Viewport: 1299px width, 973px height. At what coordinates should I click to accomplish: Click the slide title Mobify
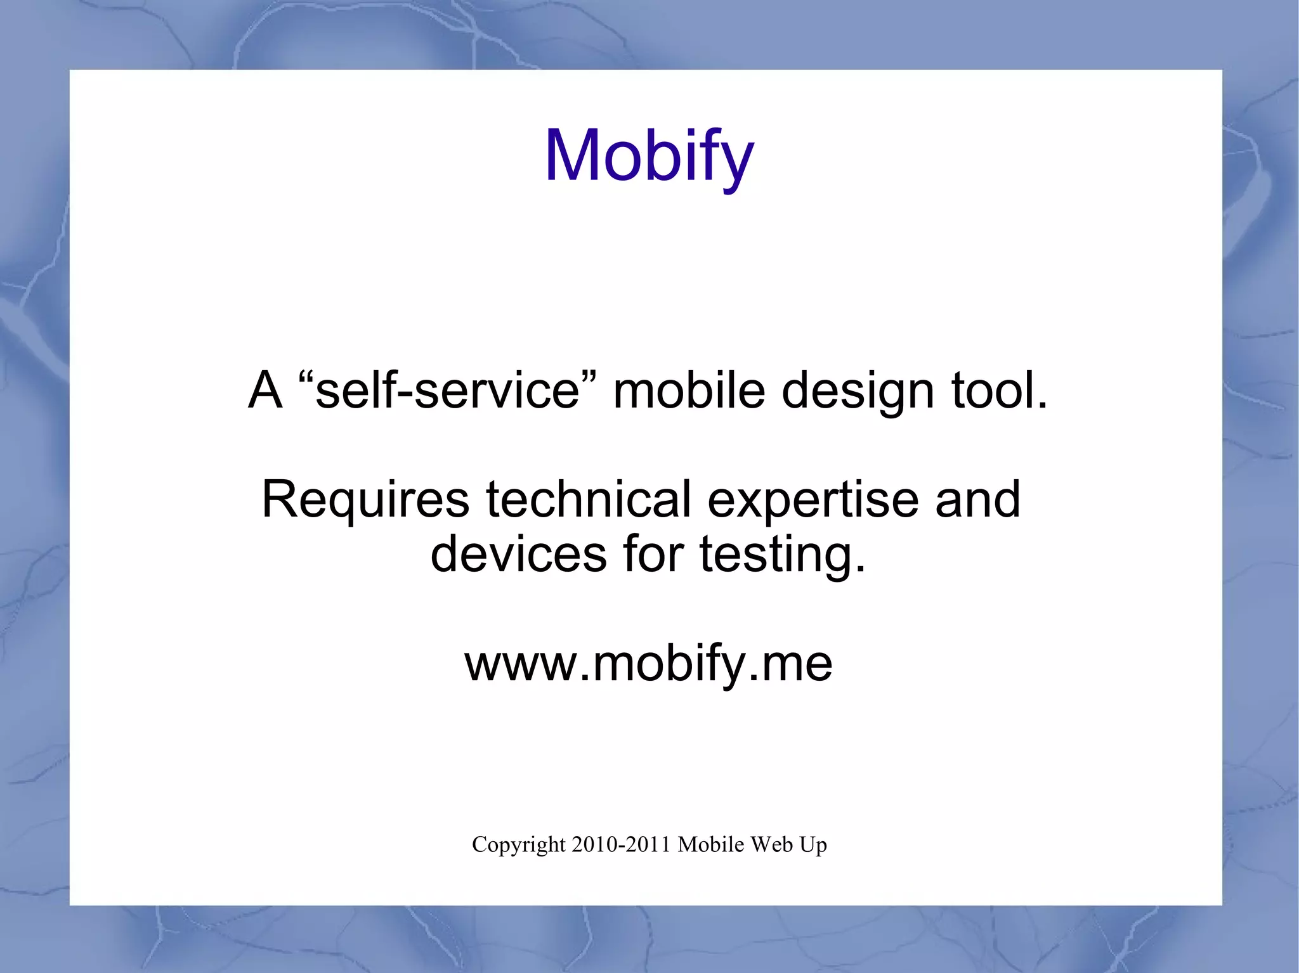pyautogui.click(x=649, y=156)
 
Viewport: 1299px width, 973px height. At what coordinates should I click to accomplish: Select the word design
pyautogui.click(x=858, y=392)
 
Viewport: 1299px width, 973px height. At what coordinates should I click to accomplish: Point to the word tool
pyautogui.click(x=998, y=390)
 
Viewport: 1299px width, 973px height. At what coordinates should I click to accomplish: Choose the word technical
pyautogui.click(x=588, y=499)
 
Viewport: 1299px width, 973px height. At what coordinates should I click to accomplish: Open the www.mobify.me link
pyautogui.click(x=648, y=664)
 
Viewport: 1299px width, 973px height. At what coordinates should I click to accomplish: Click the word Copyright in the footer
pyautogui.click(x=518, y=845)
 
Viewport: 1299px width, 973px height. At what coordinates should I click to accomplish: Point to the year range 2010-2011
pyautogui.click(x=621, y=844)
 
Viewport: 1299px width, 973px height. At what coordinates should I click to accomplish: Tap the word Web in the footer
pyautogui.click(x=771, y=844)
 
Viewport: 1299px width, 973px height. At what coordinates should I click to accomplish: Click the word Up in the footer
pyautogui.click(x=813, y=846)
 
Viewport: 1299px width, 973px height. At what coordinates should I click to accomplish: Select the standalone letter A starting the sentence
pyautogui.click(x=264, y=390)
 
